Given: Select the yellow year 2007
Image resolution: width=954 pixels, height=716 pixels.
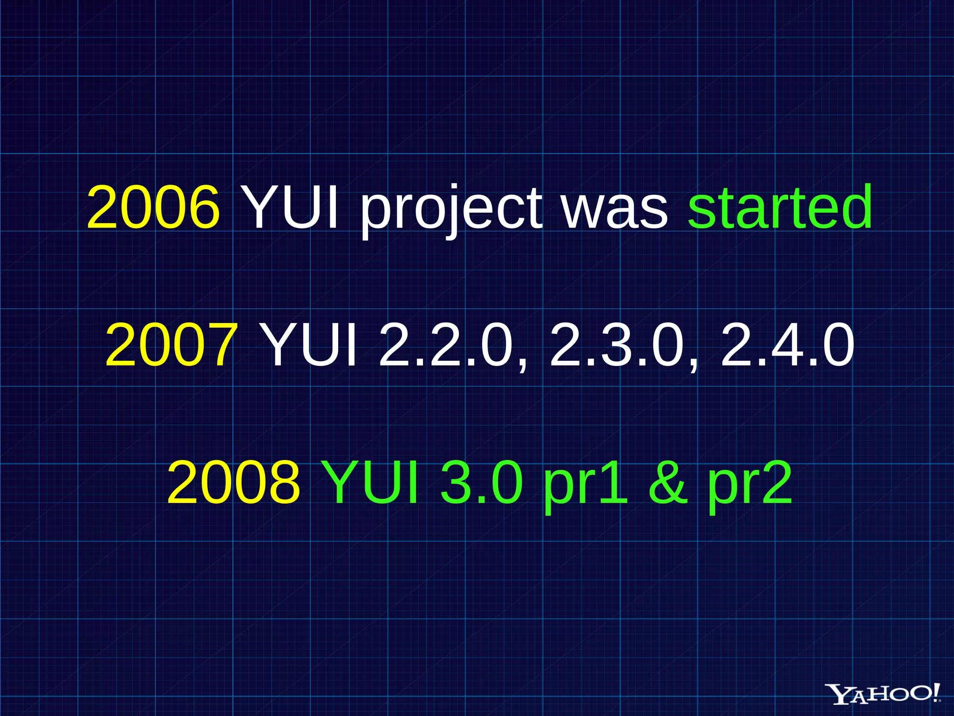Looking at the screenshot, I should click(x=171, y=345).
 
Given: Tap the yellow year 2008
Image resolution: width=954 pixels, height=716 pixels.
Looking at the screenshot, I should click(x=233, y=482).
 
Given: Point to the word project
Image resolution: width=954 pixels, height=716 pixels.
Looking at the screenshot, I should click(x=451, y=210).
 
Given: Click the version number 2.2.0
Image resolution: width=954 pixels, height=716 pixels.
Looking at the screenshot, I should click(x=446, y=345).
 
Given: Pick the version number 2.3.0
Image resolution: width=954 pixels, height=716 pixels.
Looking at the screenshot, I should click(x=617, y=345).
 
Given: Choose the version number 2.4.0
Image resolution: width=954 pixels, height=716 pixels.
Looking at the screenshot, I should click(x=788, y=345).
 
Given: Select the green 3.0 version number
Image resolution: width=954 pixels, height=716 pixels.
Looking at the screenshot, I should click(x=481, y=482).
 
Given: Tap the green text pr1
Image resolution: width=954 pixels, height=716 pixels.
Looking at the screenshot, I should click(x=585, y=485).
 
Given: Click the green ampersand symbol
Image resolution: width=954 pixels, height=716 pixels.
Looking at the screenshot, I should click(x=668, y=482).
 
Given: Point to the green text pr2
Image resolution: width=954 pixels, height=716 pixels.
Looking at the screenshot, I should click(x=750, y=485).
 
